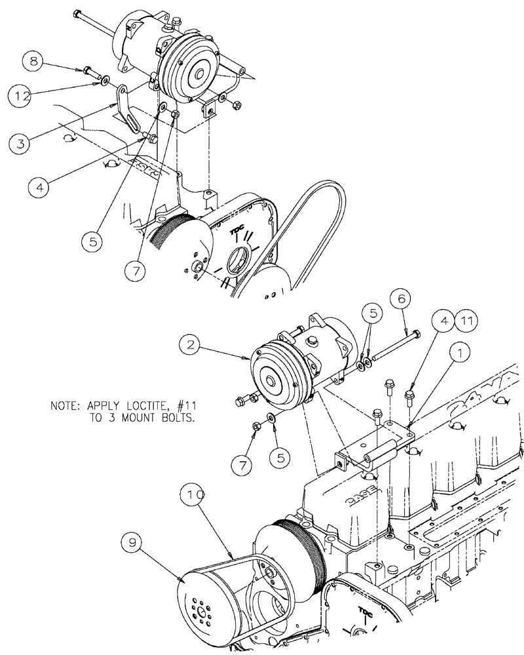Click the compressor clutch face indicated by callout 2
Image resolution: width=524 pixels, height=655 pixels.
[269, 380]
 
